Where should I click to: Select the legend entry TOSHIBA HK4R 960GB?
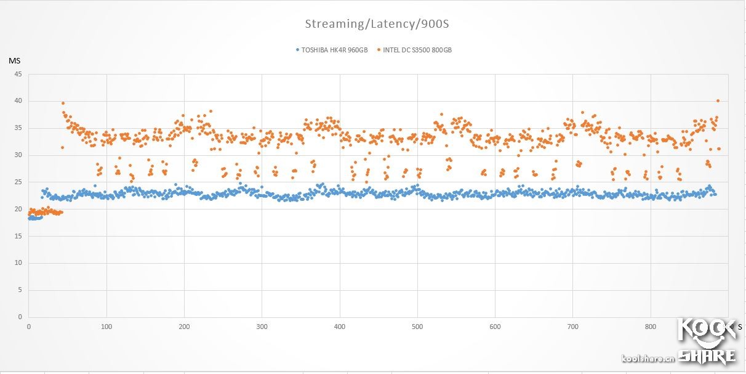pyautogui.click(x=334, y=50)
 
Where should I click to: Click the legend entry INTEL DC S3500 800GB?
pyautogui.click(x=417, y=50)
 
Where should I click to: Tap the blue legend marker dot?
pyautogui.click(x=297, y=50)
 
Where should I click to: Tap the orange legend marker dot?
pyautogui.click(x=379, y=50)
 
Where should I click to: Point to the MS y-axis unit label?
pyautogui.click(x=14, y=60)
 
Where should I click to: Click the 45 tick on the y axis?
pyautogui.click(x=18, y=74)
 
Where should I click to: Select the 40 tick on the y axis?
pyautogui.click(x=18, y=101)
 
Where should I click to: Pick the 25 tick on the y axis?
pyautogui.click(x=18, y=182)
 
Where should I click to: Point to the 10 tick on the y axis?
pyautogui.click(x=18, y=263)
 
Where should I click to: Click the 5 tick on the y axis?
pyautogui.click(x=20, y=290)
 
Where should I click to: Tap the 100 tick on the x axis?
pyautogui.click(x=106, y=327)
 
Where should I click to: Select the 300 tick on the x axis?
pyautogui.click(x=262, y=327)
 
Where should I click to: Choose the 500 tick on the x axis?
pyautogui.click(x=417, y=327)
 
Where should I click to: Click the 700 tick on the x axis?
pyautogui.click(x=572, y=327)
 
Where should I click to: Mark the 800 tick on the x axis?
pyautogui.click(x=650, y=327)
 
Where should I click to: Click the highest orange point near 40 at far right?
pyautogui.click(x=718, y=100)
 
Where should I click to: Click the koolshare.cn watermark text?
pyautogui.click(x=648, y=359)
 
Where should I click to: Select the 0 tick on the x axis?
pyautogui.click(x=29, y=327)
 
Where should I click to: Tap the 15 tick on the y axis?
pyautogui.click(x=18, y=236)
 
